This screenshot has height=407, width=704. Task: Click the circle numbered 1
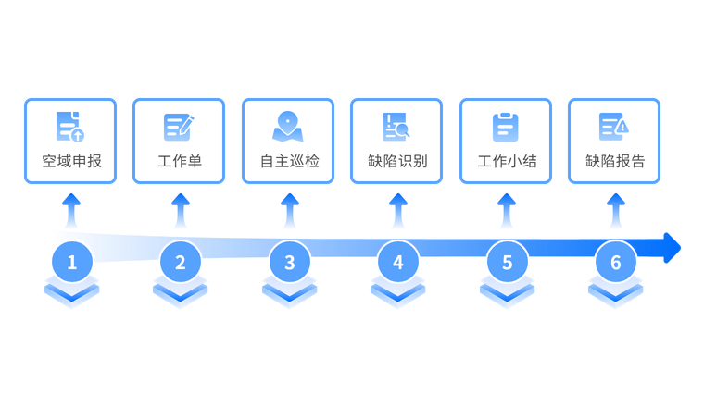[71, 263]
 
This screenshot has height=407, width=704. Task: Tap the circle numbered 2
[181, 263]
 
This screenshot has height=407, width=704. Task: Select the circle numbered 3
[289, 263]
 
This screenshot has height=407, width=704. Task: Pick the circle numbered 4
[398, 263]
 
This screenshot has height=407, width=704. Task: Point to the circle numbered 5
[507, 263]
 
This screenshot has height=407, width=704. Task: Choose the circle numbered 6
[616, 263]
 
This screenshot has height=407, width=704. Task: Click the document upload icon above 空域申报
[70, 127]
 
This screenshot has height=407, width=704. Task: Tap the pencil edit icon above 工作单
[179, 127]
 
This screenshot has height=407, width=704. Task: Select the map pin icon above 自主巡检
[288, 127]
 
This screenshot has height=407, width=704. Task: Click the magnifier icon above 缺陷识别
[397, 127]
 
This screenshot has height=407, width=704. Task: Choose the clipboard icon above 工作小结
[506, 127]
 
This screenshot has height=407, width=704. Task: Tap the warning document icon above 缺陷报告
[614, 127]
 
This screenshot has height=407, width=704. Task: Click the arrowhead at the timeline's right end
[673, 247]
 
